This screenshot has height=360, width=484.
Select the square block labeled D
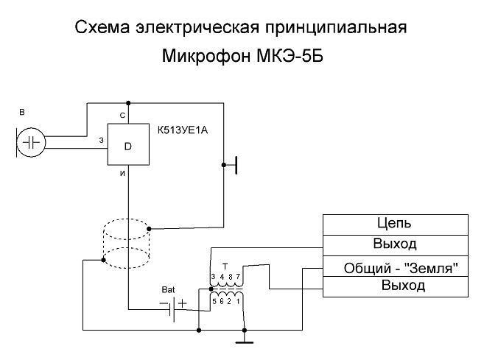click(x=127, y=146)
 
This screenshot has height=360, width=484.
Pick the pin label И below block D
click(x=122, y=174)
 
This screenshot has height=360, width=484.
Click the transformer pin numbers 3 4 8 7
click(x=226, y=277)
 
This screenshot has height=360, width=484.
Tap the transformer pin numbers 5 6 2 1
click(x=226, y=301)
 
